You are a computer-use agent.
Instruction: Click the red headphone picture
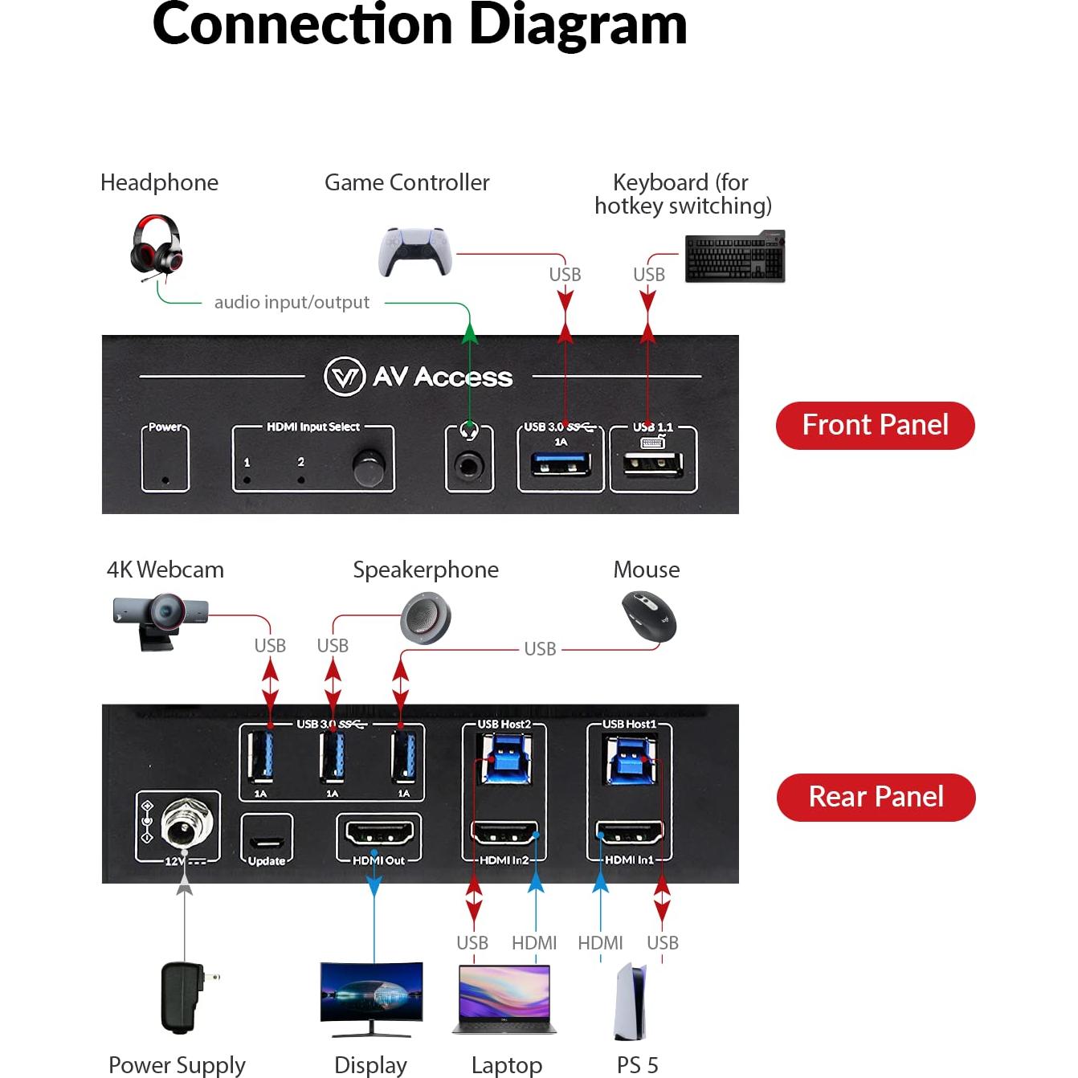point(157,246)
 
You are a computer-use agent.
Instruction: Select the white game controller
point(414,251)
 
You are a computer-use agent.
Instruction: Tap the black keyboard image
point(734,257)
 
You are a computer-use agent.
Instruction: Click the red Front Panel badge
point(875,425)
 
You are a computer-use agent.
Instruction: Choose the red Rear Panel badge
point(876,797)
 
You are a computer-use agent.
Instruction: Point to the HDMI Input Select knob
point(368,468)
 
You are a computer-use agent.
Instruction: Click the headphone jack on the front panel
point(469,466)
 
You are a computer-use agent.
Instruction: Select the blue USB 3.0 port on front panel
point(561,465)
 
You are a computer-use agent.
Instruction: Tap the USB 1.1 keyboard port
point(653,465)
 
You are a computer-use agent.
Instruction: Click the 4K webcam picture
point(161,619)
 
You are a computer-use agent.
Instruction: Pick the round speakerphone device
point(426,618)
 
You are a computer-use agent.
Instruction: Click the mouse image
point(649,617)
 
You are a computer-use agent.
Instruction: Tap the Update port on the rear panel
point(267,843)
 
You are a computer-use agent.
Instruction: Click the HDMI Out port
point(378,834)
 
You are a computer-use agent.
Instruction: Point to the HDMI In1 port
point(628,834)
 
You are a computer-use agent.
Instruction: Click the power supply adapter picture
point(182,997)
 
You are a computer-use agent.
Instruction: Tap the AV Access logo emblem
point(345,376)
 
